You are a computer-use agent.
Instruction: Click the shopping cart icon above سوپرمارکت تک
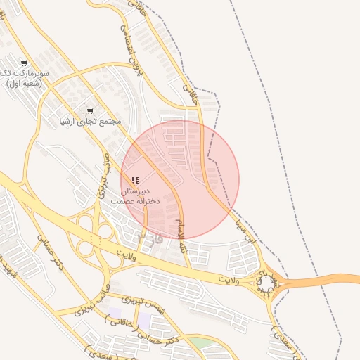(x=25, y=63)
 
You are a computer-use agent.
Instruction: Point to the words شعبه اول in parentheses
(x=25, y=84)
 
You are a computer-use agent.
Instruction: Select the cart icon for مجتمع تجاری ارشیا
(x=90, y=110)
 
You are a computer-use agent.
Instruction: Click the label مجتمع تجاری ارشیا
(x=90, y=121)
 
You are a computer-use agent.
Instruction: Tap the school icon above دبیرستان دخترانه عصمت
(x=135, y=181)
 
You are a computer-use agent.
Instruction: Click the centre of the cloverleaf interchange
(x=94, y=238)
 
